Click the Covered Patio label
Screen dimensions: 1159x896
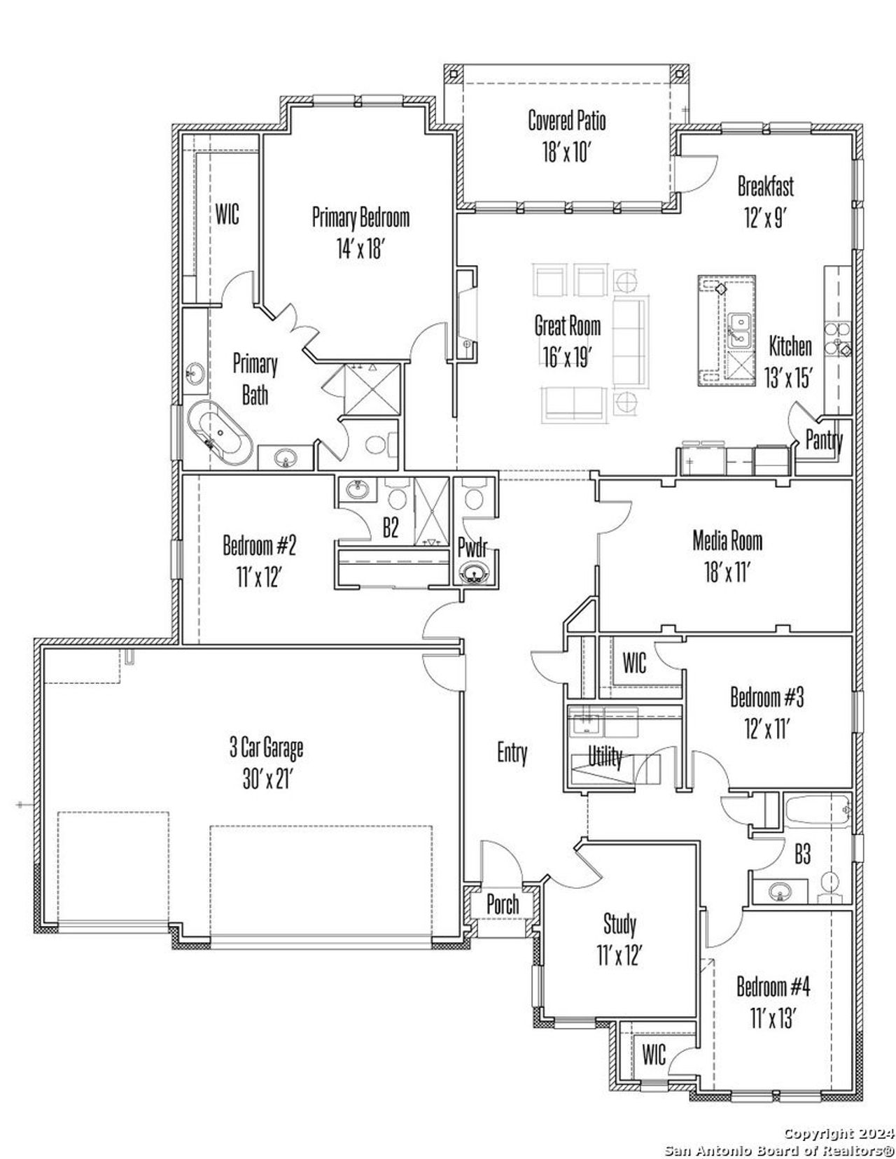(566, 120)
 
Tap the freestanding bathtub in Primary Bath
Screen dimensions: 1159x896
(218, 435)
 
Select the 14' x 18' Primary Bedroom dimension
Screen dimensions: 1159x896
(360, 248)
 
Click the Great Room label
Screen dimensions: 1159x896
(567, 325)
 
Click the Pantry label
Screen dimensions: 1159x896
(824, 440)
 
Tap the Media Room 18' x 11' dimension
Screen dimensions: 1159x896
(727, 573)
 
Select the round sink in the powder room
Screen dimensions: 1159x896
(476, 573)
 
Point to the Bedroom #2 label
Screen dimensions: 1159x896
(259, 545)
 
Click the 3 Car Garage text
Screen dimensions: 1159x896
(266, 748)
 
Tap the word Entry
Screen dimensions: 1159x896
(512, 753)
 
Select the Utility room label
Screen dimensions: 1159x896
(605, 757)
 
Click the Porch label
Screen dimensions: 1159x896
(503, 904)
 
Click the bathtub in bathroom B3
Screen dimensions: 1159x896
(816, 811)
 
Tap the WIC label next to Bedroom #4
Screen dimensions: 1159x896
(654, 1054)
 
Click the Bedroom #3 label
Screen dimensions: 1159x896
(766, 698)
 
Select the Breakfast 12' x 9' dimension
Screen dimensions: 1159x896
(764, 218)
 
